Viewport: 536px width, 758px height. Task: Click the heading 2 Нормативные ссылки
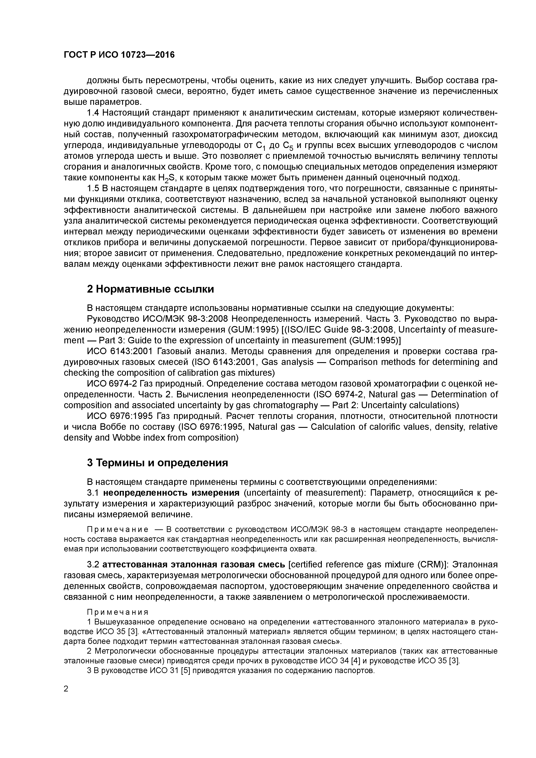coord(150,289)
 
